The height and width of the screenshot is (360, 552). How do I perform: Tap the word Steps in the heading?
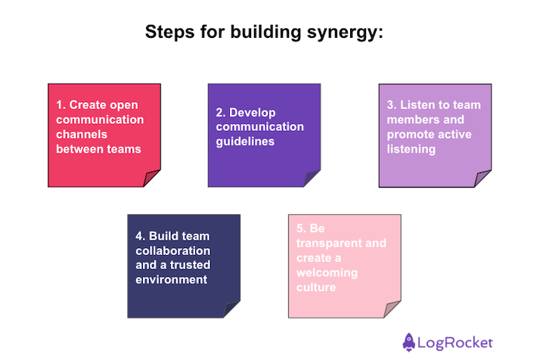pos(169,33)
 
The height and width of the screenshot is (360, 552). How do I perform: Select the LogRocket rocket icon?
pos(409,341)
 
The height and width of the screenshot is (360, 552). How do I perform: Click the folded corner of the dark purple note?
pos(312,179)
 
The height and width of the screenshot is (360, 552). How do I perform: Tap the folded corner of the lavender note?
pos(483,179)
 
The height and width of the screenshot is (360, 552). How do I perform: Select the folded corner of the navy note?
pos(232,310)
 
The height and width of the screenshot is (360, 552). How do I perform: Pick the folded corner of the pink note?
pos(392,310)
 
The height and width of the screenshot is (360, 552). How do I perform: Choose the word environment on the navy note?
pos(172,279)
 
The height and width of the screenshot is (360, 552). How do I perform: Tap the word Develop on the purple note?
pos(253,112)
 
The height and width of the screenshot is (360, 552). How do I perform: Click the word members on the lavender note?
pos(409,119)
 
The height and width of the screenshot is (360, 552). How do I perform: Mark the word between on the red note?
pos(76,149)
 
